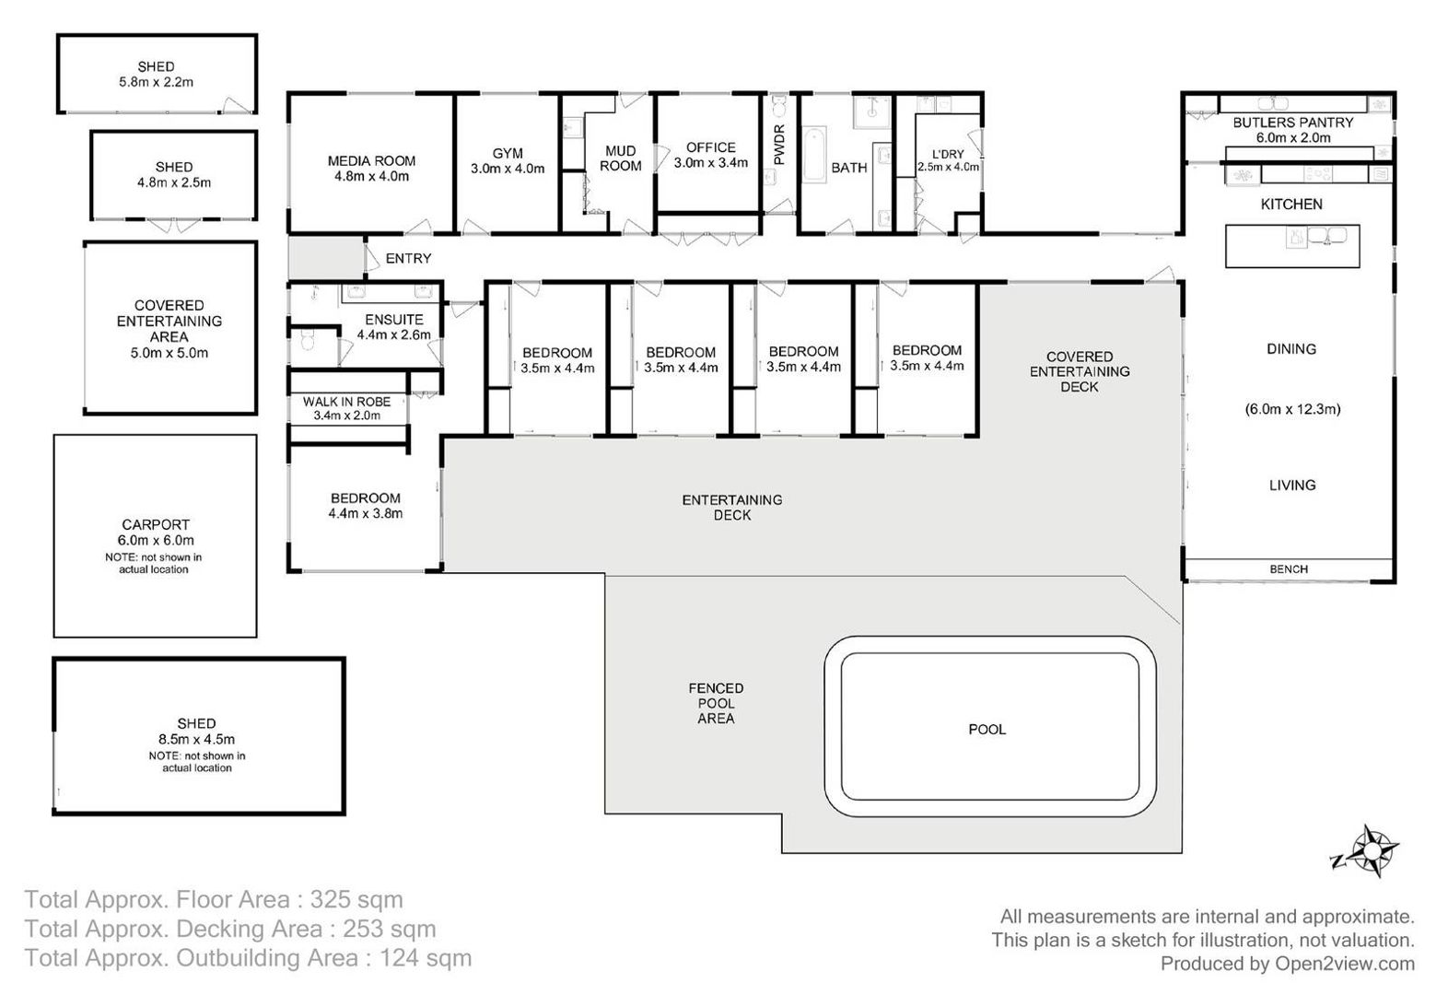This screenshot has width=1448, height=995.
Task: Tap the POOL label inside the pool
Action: (987, 730)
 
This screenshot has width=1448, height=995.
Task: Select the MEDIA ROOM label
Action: (371, 161)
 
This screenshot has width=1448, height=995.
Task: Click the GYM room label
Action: (508, 153)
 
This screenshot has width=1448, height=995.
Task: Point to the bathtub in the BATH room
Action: (814, 155)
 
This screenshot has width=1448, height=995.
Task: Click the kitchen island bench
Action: (1292, 246)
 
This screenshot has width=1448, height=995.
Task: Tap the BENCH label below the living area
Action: (1289, 569)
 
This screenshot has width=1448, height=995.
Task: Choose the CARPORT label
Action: (155, 524)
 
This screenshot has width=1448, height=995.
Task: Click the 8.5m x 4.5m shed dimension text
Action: (196, 739)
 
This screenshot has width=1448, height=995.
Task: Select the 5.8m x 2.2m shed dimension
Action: (156, 82)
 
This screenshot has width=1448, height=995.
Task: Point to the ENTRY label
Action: (408, 259)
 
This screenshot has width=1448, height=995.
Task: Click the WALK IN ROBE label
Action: (346, 402)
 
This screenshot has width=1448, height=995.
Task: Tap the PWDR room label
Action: (779, 145)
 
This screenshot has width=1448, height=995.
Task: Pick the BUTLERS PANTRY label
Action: (1293, 123)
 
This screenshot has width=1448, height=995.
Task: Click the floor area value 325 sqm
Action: (356, 899)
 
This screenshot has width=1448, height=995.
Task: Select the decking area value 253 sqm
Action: (389, 929)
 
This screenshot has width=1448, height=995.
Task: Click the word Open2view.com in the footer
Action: (1345, 964)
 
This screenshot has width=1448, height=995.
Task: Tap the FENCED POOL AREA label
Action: (716, 704)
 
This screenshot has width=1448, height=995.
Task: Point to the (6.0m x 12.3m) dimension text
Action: (1292, 409)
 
